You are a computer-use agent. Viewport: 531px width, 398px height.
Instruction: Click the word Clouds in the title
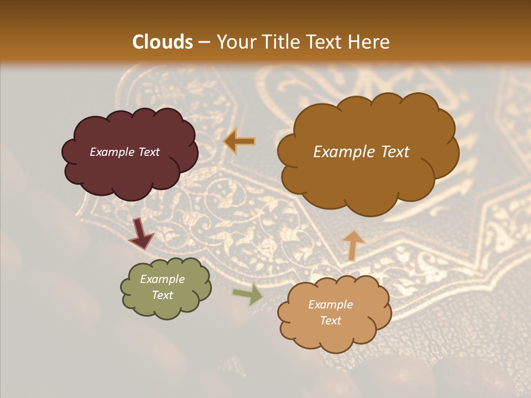click(x=163, y=42)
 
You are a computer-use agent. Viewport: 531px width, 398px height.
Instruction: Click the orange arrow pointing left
click(x=240, y=142)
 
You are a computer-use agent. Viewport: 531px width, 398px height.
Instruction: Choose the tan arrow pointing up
click(x=353, y=245)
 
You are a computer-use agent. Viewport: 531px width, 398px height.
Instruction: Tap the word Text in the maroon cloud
click(x=148, y=152)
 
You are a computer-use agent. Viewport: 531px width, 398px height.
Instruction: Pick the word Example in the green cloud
click(x=162, y=279)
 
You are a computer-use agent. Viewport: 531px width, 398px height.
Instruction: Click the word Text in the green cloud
click(x=162, y=295)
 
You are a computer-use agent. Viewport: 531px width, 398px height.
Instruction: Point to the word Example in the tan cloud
click(x=330, y=305)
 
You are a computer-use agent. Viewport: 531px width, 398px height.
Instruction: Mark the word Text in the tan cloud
click(x=330, y=321)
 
